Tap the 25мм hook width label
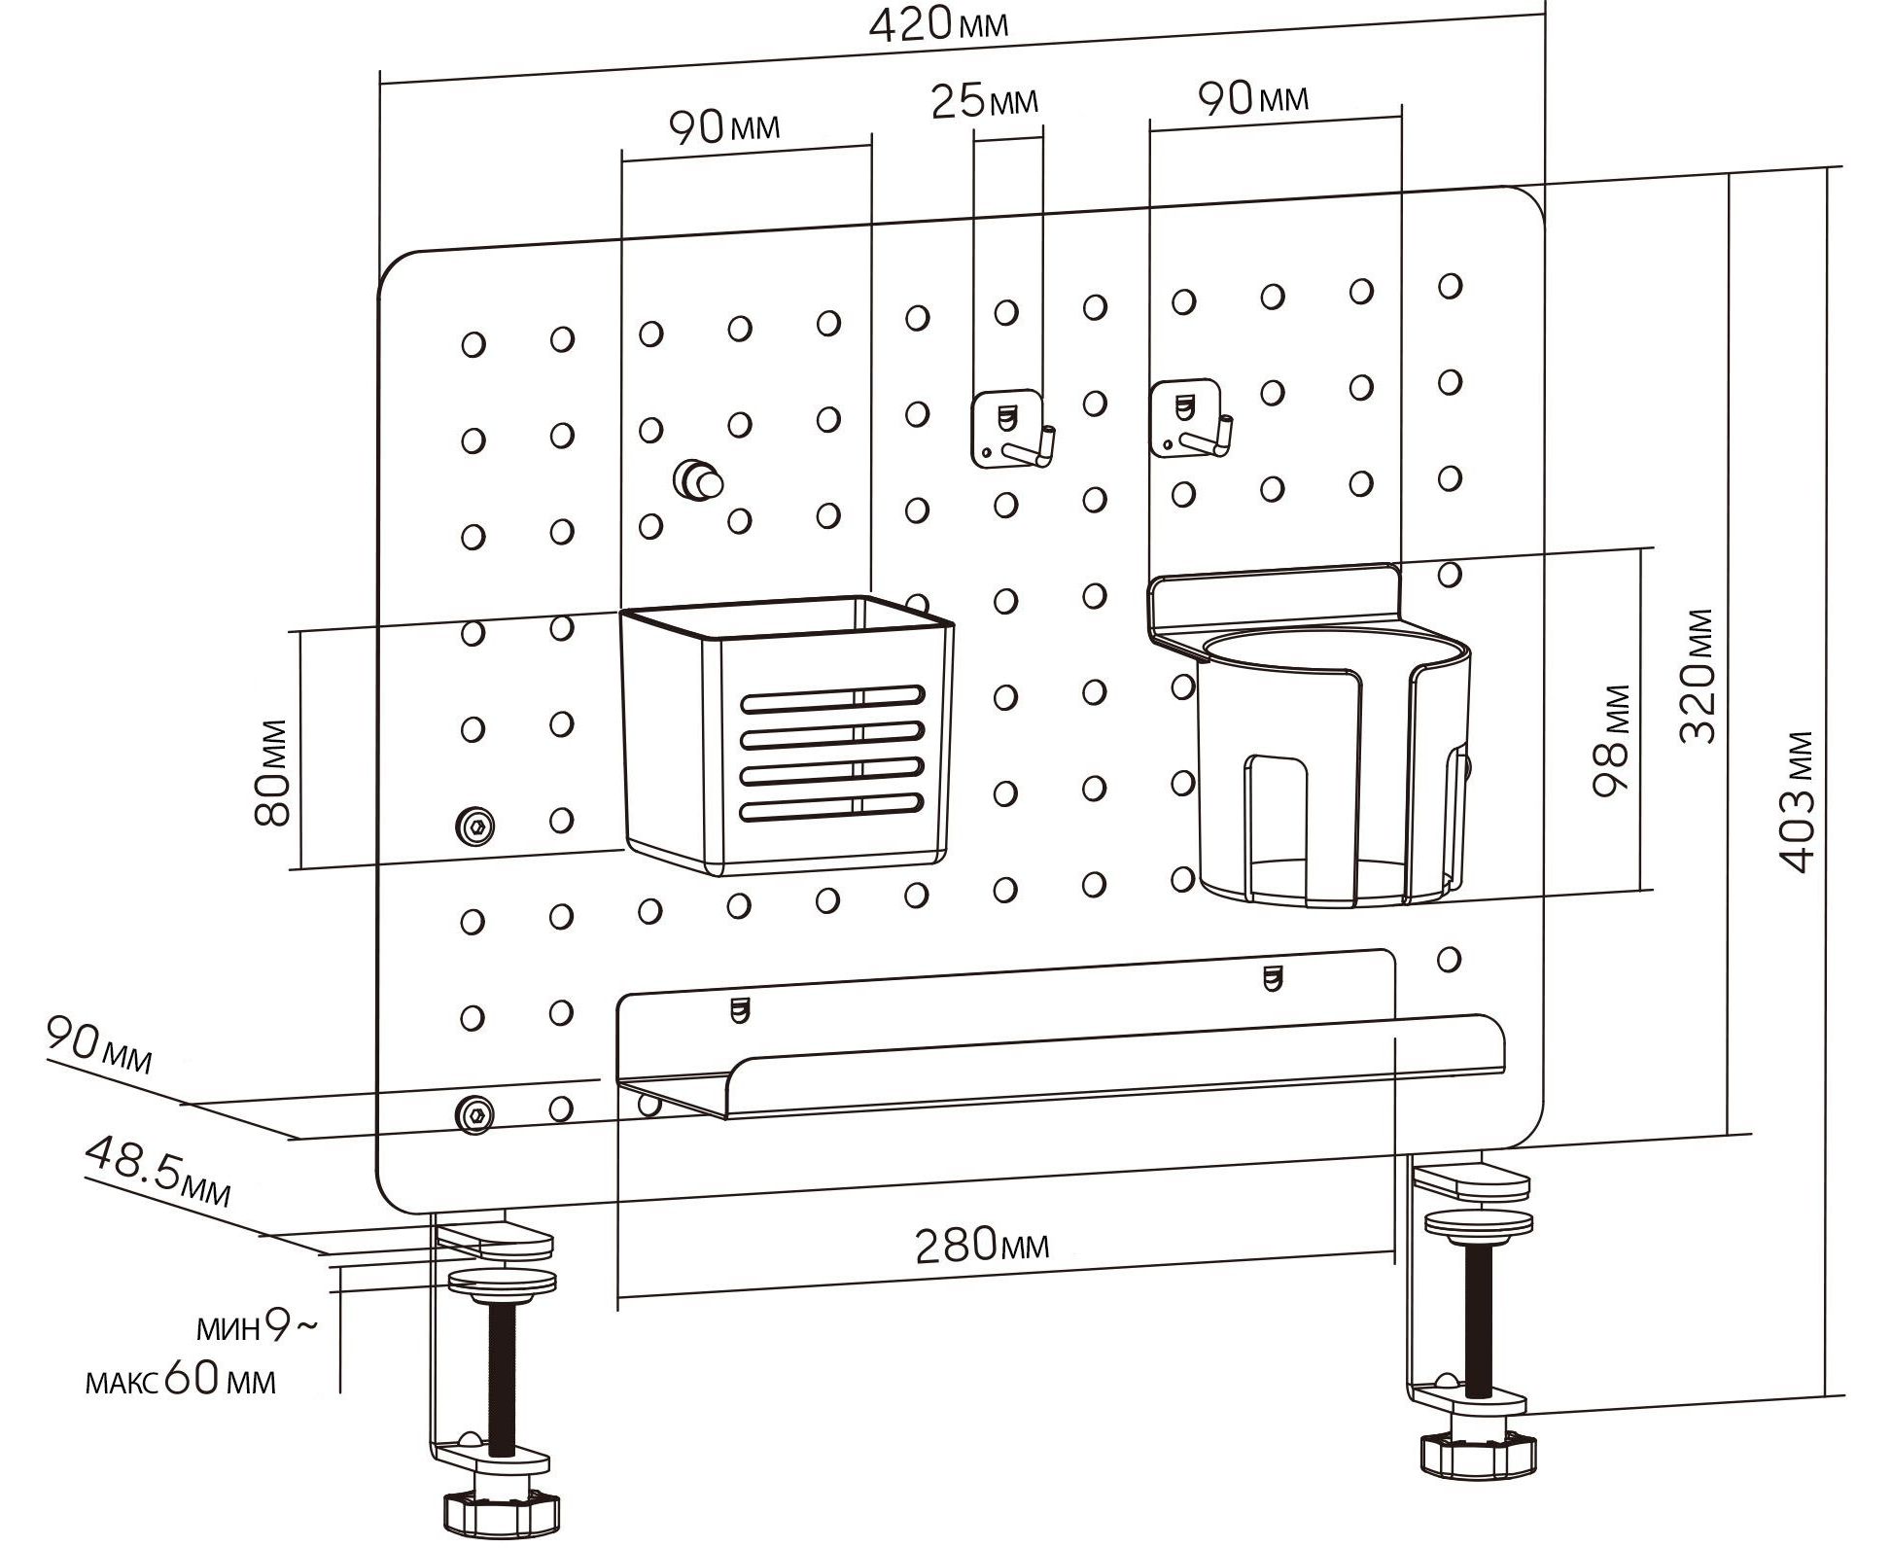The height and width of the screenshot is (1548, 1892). (984, 101)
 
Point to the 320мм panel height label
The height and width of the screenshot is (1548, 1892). (1698, 676)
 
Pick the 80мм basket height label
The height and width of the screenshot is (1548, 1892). (273, 773)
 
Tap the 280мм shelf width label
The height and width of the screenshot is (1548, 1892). (982, 1246)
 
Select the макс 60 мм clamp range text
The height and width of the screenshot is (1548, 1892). (181, 1381)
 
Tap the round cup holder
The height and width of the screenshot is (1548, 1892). (1332, 768)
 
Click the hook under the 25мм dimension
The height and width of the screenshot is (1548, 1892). (1011, 429)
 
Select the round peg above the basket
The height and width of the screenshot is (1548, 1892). (698, 478)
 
